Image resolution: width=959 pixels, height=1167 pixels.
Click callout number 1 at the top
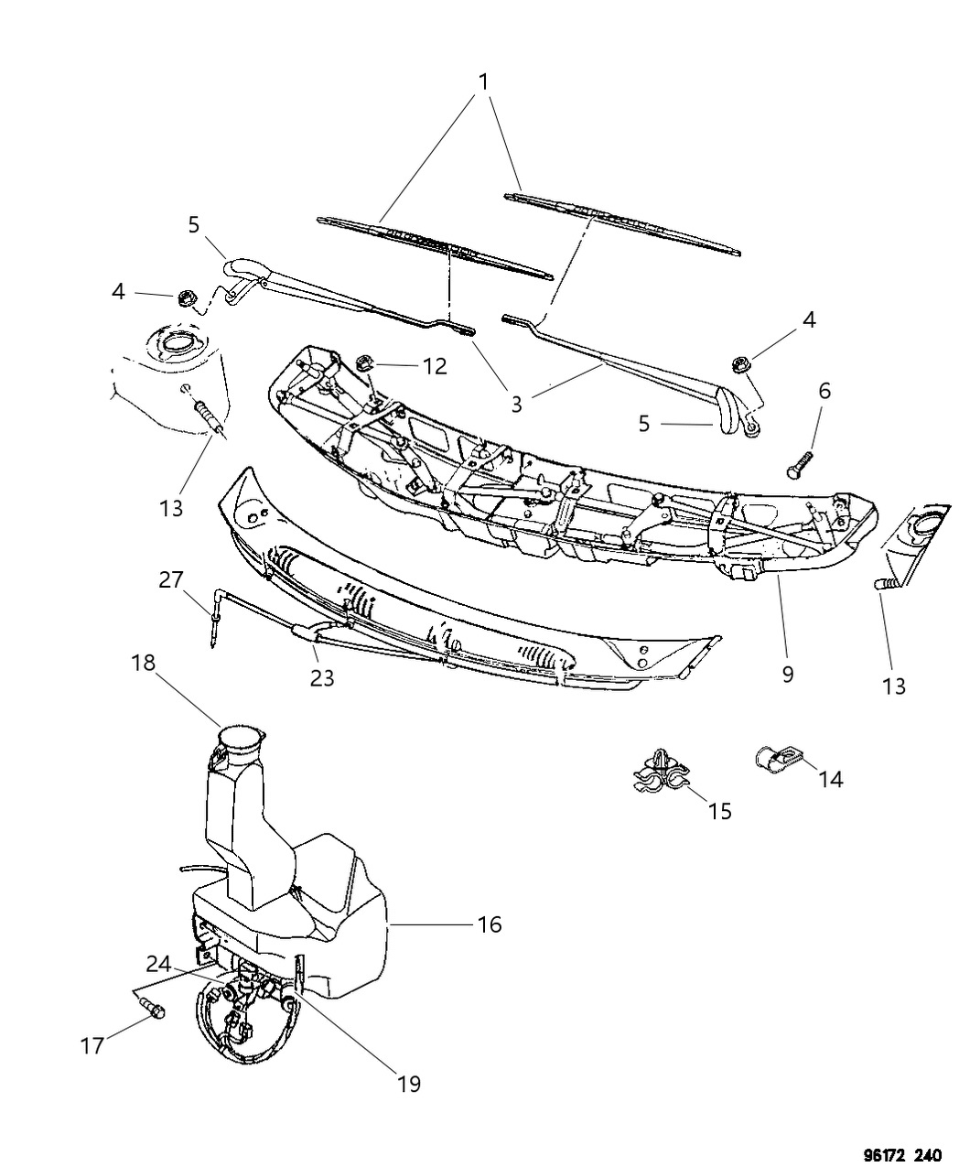[x=483, y=81]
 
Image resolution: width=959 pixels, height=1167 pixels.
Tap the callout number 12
[x=435, y=366]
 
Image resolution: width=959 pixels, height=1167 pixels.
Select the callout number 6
[x=824, y=390]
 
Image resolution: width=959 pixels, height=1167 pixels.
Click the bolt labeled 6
[x=799, y=463]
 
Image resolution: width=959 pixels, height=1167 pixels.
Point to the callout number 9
[x=787, y=675]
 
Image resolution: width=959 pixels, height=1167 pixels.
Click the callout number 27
[x=171, y=580]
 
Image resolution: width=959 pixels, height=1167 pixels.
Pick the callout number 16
[x=490, y=924]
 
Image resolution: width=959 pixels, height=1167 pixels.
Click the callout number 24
[x=158, y=963]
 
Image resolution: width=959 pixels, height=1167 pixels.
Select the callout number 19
[x=408, y=1084]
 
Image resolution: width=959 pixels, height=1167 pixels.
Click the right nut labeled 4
[x=742, y=365]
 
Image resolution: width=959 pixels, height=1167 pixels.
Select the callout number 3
[x=517, y=404]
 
